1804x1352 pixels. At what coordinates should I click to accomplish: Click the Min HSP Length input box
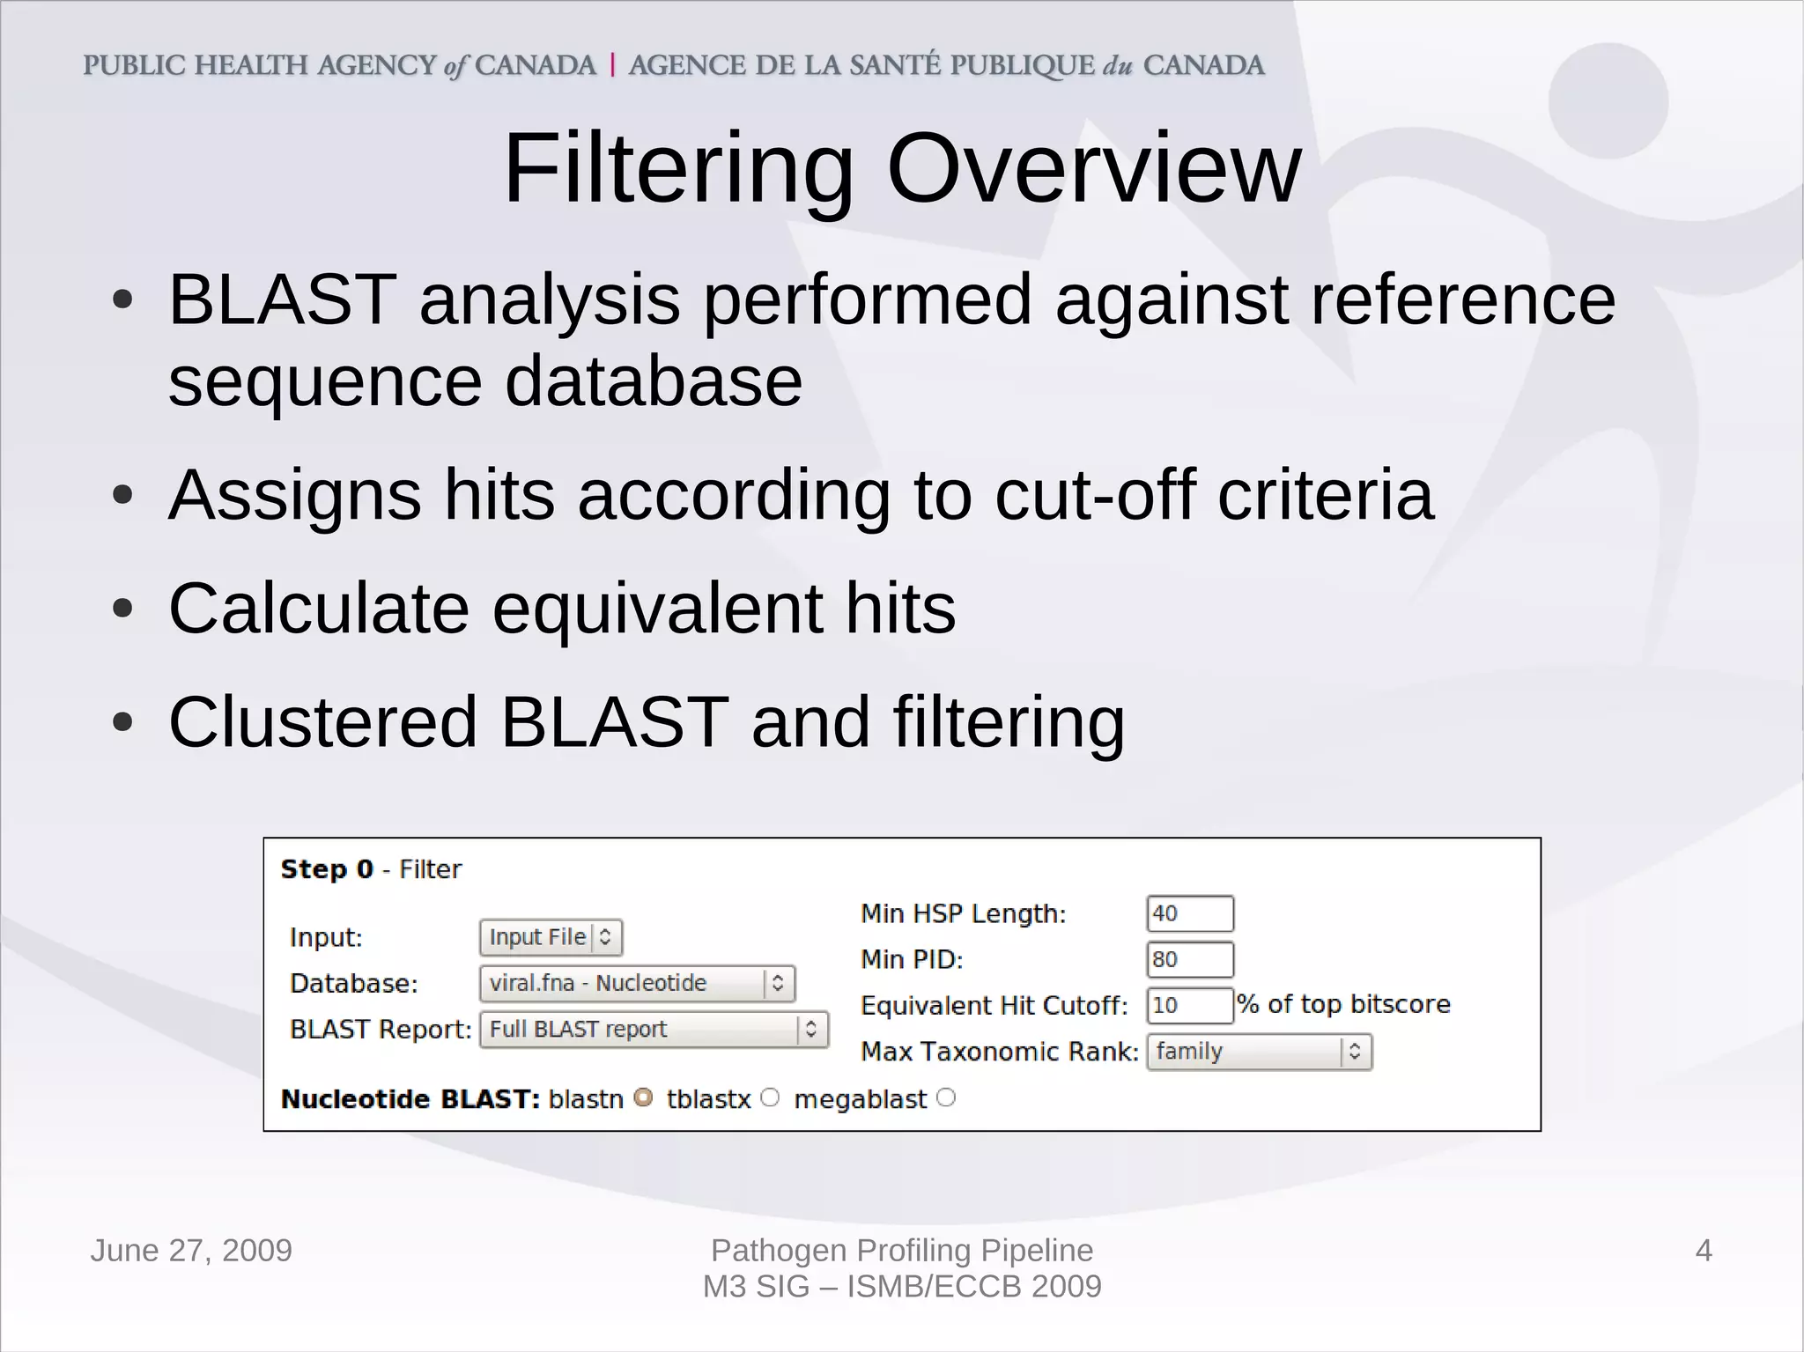(1189, 913)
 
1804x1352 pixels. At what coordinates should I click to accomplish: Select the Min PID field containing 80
(1189, 959)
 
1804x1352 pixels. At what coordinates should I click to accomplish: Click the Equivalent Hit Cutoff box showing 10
(1189, 1005)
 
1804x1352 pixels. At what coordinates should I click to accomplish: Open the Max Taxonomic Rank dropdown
(1259, 1052)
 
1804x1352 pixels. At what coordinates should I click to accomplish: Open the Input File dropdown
(551, 937)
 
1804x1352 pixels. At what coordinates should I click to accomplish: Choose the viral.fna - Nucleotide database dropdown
(637, 983)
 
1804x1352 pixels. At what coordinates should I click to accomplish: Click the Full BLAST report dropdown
(654, 1029)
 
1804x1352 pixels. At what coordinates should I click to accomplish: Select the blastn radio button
(644, 1098)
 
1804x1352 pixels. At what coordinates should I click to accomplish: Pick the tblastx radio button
(770, 1098)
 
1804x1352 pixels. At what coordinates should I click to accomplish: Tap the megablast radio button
(946, 1098)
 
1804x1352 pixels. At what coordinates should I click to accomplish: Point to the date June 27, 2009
(191, 1251)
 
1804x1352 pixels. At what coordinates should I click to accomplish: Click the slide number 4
(1703, 1251)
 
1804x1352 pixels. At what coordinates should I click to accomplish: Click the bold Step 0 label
(327, 869)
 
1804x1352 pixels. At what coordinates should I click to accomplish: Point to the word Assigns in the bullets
(294, 495)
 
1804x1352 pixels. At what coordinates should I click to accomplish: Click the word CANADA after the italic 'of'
(536, 65)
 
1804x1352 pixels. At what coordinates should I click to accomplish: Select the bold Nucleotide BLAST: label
(410, 1099)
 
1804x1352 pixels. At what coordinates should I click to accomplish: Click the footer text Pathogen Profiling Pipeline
(901, 1250)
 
